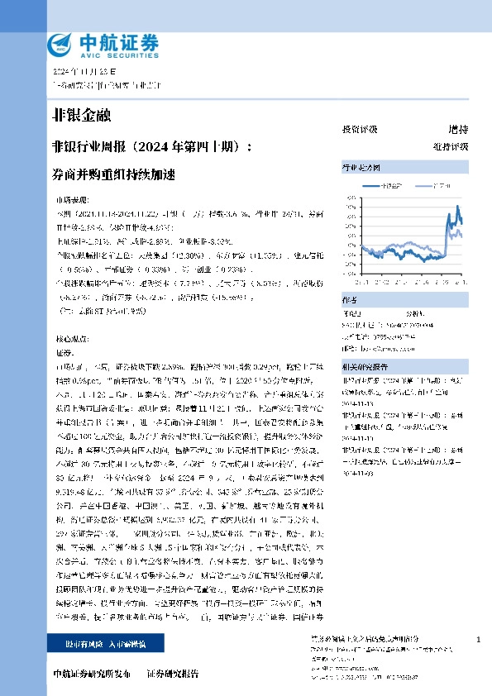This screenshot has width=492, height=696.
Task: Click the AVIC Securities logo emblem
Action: point(61,44)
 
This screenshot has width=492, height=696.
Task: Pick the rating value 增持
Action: point(457,130)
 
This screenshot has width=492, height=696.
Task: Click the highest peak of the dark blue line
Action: point(456,206)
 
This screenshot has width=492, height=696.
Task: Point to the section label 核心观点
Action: point(69,339)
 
